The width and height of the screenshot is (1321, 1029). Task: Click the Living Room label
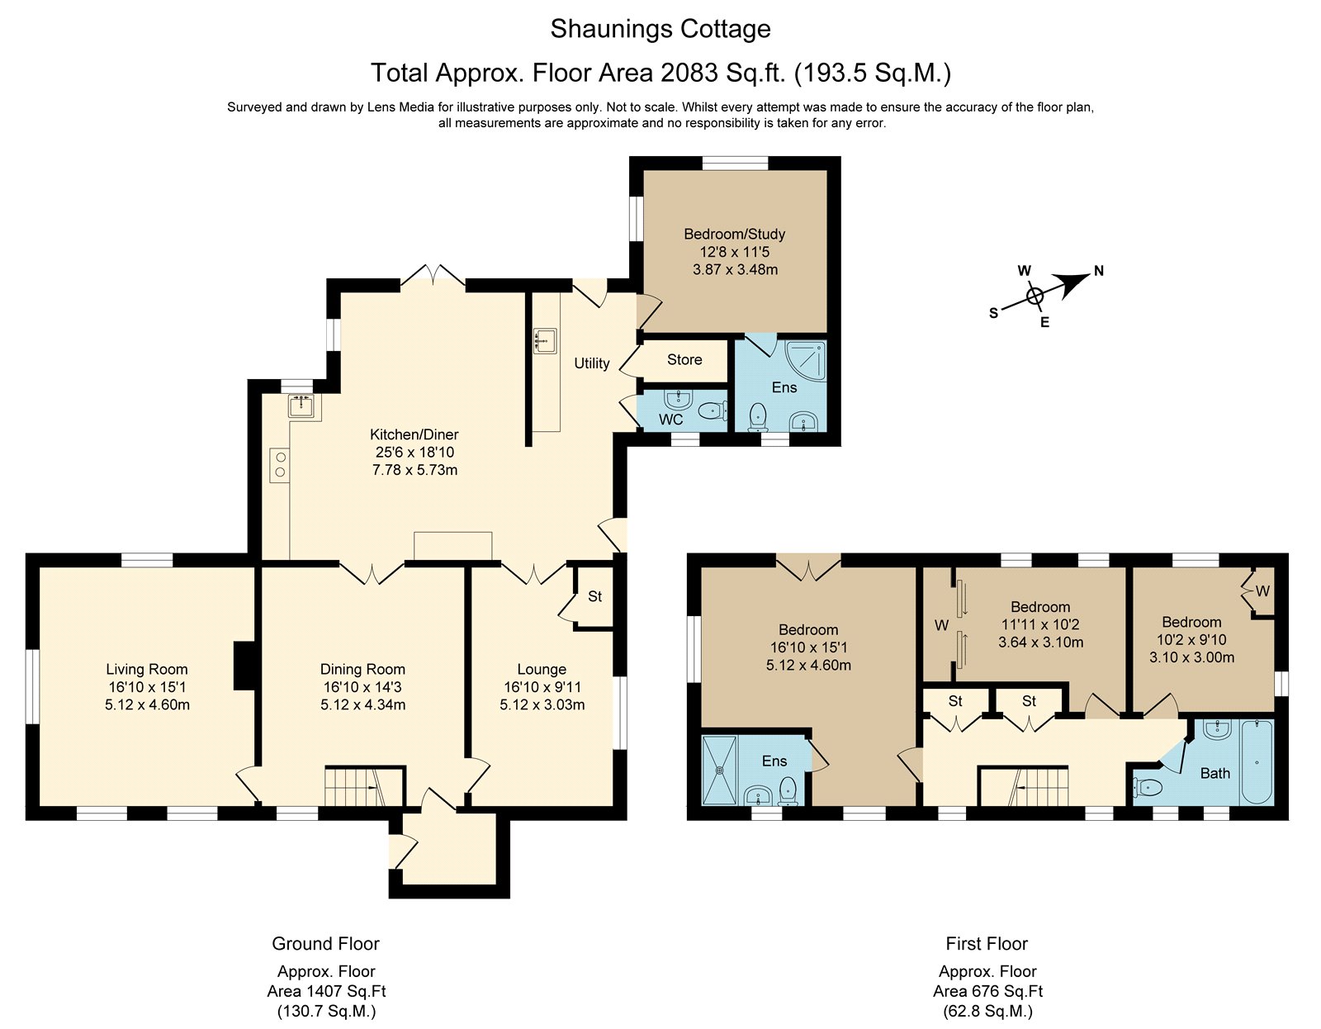coord(146,669)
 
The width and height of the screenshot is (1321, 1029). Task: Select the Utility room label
coord(592,363)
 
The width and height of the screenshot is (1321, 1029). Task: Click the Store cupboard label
coord(684,359)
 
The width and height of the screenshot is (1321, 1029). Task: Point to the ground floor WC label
coord(671,420)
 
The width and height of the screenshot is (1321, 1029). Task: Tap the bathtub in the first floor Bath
coord(1257,761)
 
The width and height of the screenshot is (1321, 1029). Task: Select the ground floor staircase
coord(364,785)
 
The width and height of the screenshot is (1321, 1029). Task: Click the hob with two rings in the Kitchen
coord(280,464)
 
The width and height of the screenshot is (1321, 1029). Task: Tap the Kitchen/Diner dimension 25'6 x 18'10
coord(414,453)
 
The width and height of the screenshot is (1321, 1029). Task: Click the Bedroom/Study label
coord(734,234)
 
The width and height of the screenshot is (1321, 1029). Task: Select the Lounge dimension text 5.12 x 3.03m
coord(542,704)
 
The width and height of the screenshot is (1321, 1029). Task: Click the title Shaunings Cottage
coord(660,29)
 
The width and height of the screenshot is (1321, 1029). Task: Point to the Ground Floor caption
coord(325,943)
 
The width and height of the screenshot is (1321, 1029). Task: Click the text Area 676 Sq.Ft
coord(987,991)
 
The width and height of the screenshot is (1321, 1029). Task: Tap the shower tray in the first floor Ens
coord(723,770)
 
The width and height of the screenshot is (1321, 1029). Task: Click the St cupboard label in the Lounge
coord(594,595)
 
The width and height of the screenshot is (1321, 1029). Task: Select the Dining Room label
coord(362,669)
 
